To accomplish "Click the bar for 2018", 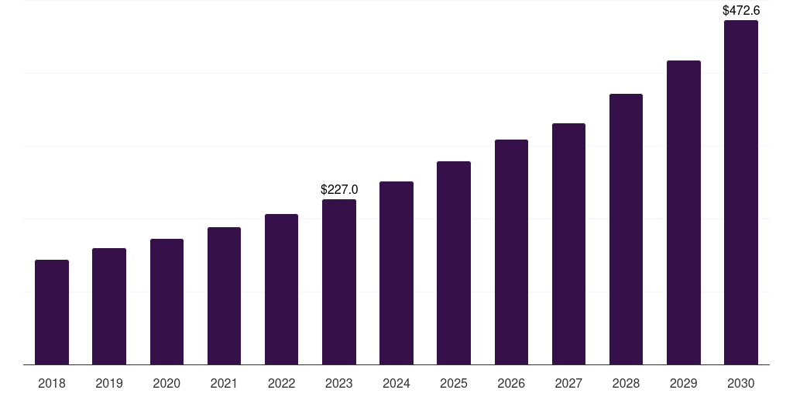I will point(52,312).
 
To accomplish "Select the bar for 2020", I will point(166,302).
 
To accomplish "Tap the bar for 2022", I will point(281,289).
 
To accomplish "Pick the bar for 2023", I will point(339,281).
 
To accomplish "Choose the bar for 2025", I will point(454,263).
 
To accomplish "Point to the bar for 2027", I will point(568,243).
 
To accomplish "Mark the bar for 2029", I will point(683,212).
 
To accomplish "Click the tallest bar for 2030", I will point(741,192).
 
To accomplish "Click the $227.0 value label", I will point(339,189).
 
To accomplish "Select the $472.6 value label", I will point(741,11).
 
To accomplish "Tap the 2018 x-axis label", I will point(52,383).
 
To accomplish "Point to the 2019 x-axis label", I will point(109,383).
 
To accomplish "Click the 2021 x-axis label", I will point(224,383).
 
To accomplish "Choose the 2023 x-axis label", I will point(339,383).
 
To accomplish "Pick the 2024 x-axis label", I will point(396,383).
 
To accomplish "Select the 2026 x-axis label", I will point(511,383).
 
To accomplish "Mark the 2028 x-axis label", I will point(626,383).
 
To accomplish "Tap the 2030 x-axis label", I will point(741,383).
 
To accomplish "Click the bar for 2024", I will point(396,273).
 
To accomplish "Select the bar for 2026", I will point(511,252).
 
